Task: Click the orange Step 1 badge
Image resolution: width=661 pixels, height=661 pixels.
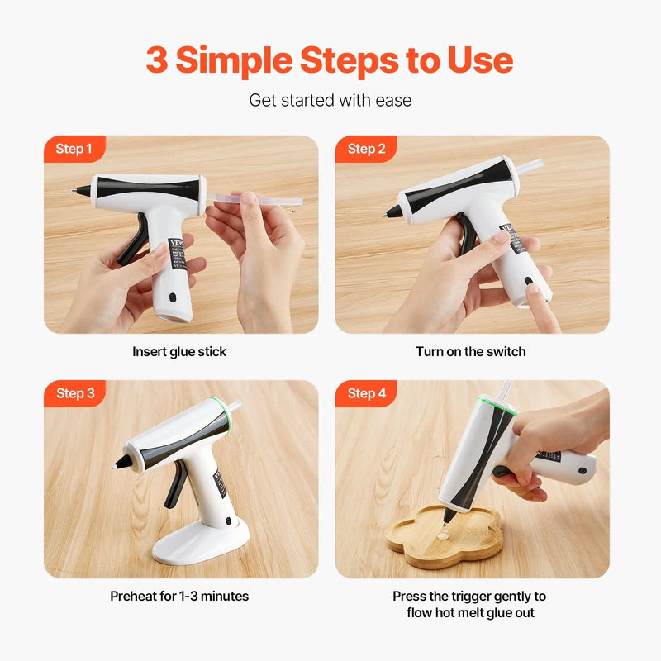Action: [74, 149]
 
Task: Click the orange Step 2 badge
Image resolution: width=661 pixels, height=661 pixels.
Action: [366, 149]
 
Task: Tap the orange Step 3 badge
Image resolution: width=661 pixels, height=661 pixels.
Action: [74, 393]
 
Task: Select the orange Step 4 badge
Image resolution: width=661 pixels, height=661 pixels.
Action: [366, 393]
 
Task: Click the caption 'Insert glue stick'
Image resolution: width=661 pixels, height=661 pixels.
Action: [179, 352]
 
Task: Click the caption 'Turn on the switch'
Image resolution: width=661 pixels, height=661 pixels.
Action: [471, 352]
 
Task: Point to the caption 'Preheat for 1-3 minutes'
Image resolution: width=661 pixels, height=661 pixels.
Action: [179, 596]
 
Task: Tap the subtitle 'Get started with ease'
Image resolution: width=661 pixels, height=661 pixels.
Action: [330, 101]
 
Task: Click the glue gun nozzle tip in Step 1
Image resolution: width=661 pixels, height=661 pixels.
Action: [78, 190]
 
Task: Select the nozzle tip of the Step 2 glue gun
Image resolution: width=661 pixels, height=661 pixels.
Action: [387, 214]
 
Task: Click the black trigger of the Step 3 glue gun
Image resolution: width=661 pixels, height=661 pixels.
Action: [174, 493]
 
